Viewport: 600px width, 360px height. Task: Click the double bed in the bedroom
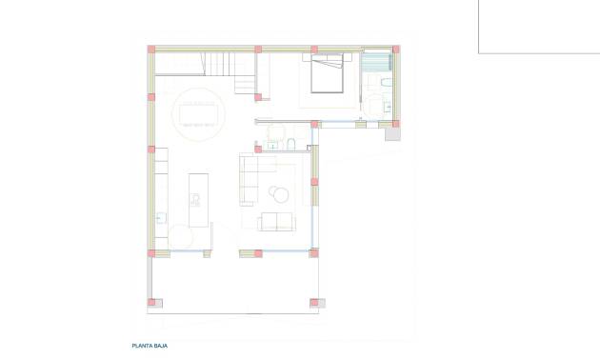[x=327, y=73]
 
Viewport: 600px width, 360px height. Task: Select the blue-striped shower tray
[x=378, y=62]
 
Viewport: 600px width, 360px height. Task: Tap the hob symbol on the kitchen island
[x=195, y=199]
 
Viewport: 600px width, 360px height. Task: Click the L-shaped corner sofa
[x=250, y=177]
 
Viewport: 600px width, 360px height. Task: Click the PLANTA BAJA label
[x=150, y=347]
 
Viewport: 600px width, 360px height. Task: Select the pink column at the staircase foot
[x=258, y=95]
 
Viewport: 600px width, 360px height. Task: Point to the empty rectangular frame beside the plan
[x=539, y=27]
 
